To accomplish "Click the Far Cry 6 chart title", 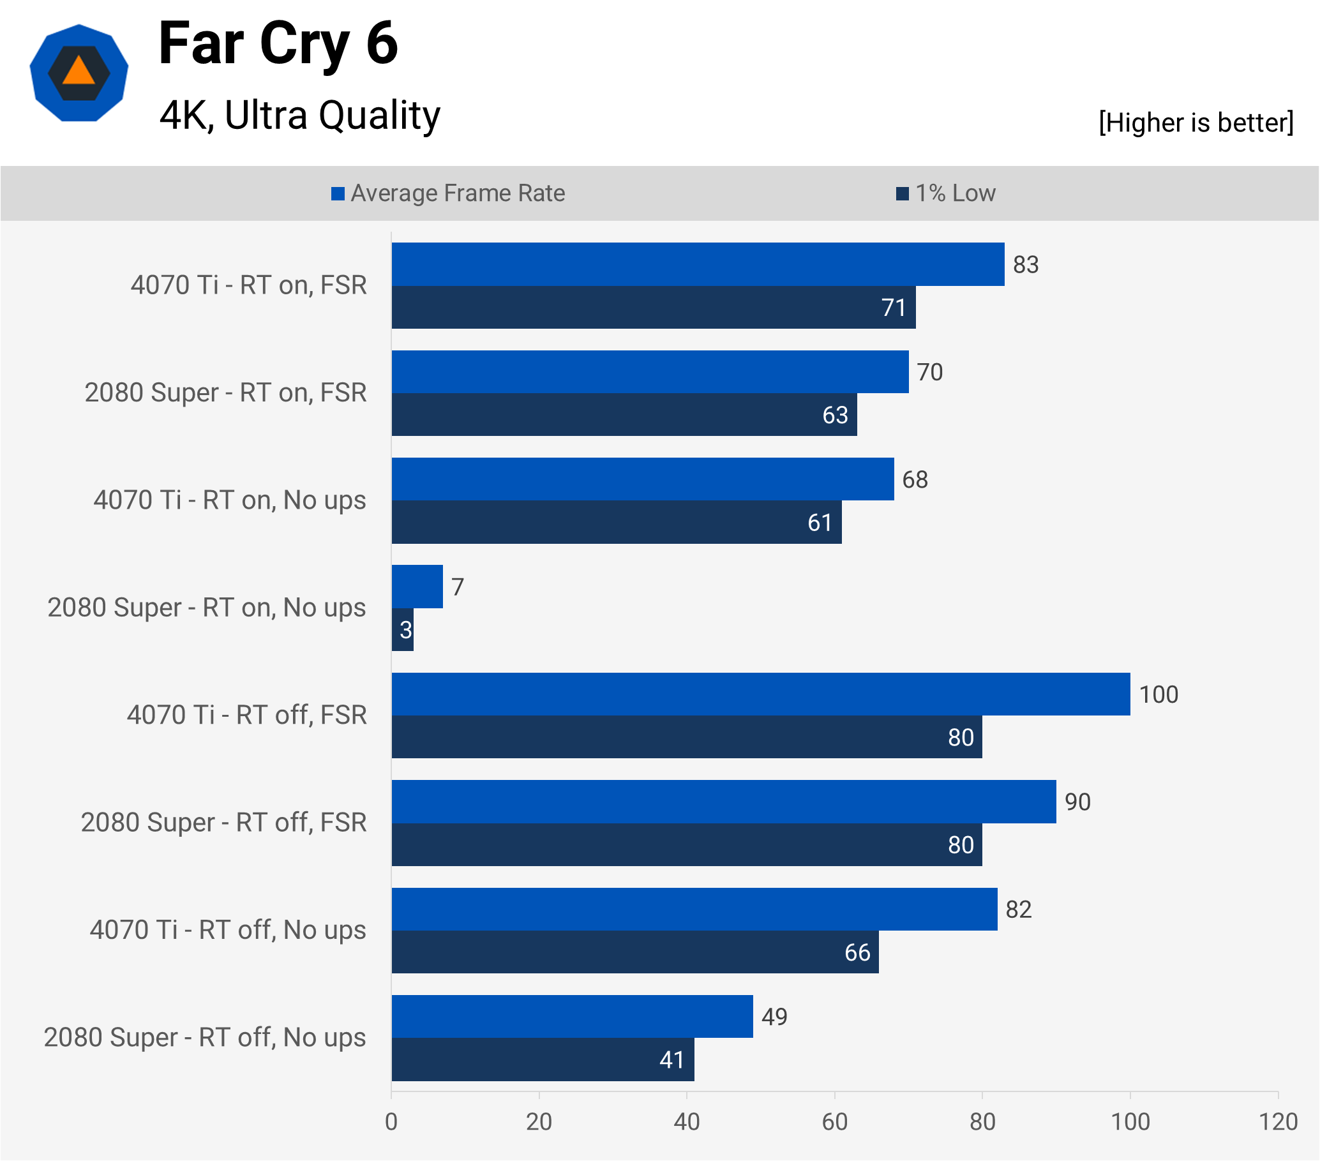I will (x=278, y=44).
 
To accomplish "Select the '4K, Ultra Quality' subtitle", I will (x=299, y=116).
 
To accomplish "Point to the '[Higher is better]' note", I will (x=1196, y=123).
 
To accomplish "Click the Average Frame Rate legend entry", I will (x=448, y=193).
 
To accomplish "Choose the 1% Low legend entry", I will (x=946, y=193).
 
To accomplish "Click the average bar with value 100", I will (x=761, y=694).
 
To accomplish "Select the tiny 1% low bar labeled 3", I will (x=402, y=629).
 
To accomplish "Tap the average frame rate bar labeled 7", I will (x=417, y=587).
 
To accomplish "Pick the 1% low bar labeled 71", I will (x=654, y=308).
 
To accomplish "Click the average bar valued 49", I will (x=572, y=1016).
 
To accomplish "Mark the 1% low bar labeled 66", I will (x=635, y=952).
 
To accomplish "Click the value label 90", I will (x=1077, y=802).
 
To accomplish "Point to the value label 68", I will (x=915, y=479).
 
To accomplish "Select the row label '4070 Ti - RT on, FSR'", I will (x=249, y=285).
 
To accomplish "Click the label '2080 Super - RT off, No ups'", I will (x=205, y=1037).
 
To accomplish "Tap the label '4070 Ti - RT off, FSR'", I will (x=246, y=715).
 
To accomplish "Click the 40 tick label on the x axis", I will (x=686, y=1121).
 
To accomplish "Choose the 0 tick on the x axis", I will (x=391, y=1121).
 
